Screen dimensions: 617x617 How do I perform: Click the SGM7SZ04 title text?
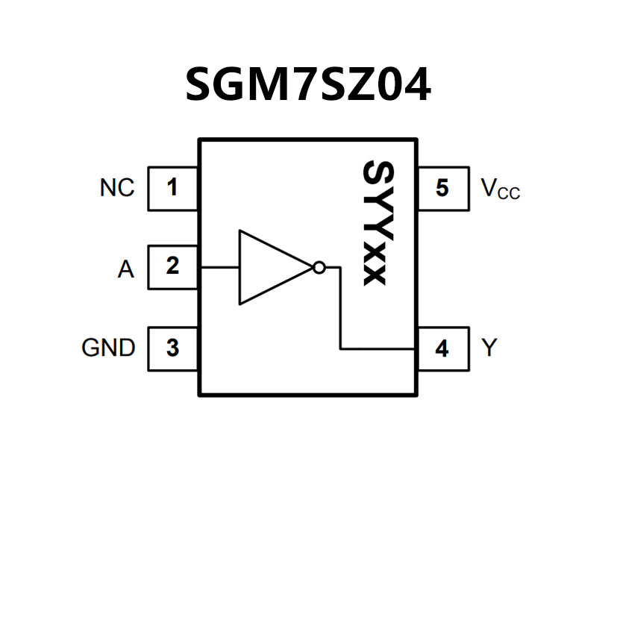(x=307, y=84)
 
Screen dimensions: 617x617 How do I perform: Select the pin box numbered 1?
(x=173, y=188)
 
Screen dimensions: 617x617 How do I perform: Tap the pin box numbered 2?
(x=173, y=266)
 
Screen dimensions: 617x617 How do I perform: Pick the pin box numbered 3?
(x=173, y=348)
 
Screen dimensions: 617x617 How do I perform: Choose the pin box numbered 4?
(x=442, y=348)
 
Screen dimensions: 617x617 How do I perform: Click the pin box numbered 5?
(x=442, y=188)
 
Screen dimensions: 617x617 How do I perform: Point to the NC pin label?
(x=117, y=188)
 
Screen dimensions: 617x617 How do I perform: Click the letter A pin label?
(x=126, y=269)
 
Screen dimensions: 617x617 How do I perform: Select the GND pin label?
(x=108, y=348)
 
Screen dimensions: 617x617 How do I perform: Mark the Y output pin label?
(x=489, y=348)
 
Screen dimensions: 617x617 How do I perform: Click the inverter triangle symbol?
(x=269, y=267)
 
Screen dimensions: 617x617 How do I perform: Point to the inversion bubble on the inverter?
(x=319, y=267)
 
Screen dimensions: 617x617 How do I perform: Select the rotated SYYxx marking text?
(x=374, y=223)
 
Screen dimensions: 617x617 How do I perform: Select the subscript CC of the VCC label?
(x=509, y=194)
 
